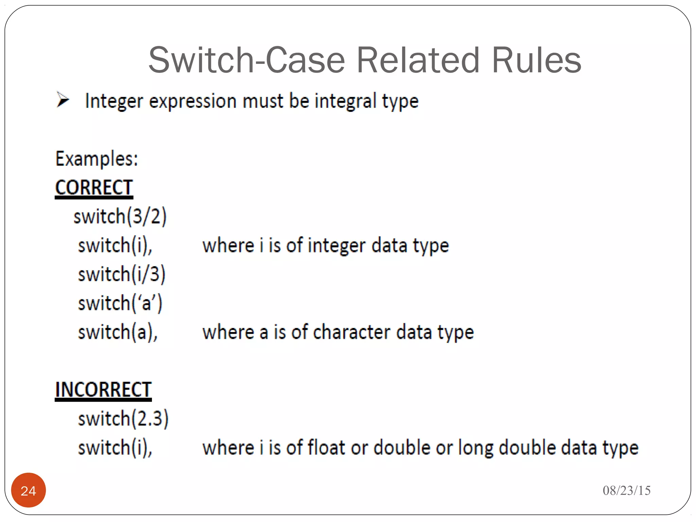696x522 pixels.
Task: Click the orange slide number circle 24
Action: (x=29, y=490)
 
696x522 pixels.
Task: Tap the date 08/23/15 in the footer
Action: (x=626, y=490)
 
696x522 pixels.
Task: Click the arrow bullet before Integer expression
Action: (x=63, y=100)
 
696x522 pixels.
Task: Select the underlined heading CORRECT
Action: (x=94, y=188)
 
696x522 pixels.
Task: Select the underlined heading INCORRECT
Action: (x=103, y=389)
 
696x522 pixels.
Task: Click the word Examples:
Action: (x=97, y=159)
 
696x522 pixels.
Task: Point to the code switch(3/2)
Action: (x=120, y=216)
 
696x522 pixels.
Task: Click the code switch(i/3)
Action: (x=122, y=274)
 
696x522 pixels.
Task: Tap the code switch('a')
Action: (x=120, y=303)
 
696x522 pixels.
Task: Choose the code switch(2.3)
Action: (x=123, y=418)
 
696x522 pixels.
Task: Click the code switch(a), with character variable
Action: (x=118, y=332)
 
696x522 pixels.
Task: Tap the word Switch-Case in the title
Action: (x=247, y=60)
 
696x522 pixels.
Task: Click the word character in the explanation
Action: (x=351, y=332)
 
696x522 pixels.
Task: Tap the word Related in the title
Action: (x=418, y=60)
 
